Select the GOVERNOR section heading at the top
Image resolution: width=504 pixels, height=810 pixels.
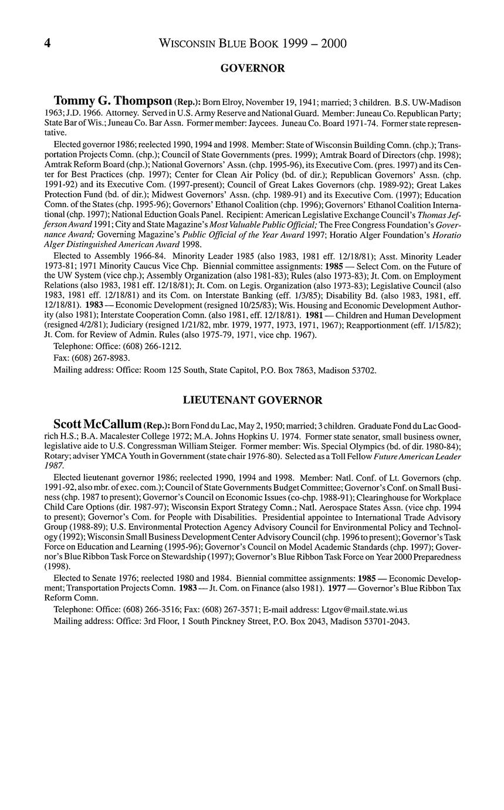point(252,69)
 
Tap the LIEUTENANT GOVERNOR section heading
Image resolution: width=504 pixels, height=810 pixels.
point(252,400)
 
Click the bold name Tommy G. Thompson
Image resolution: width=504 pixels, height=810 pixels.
point(113,101)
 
